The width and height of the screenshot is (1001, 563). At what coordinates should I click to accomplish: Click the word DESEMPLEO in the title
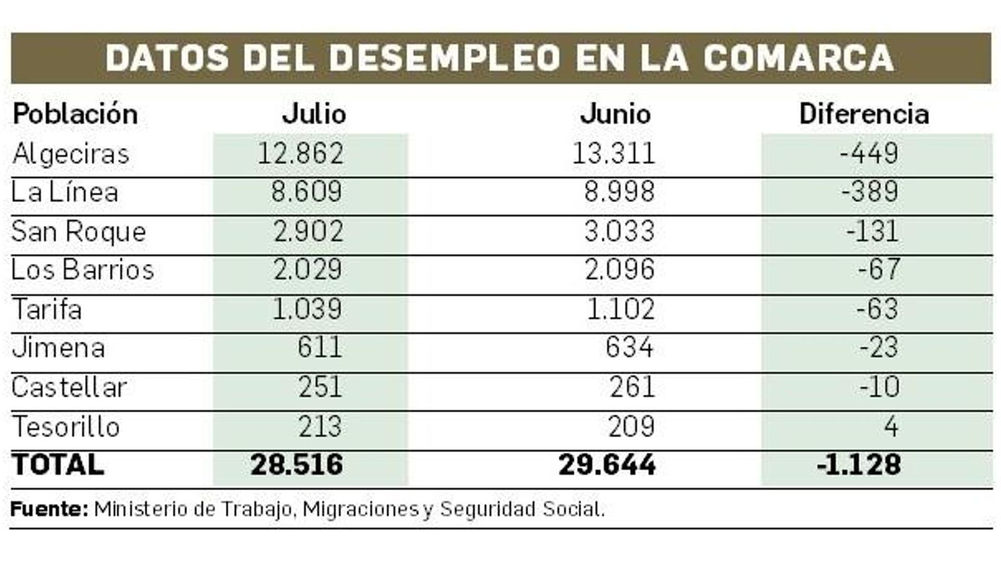(444, 58)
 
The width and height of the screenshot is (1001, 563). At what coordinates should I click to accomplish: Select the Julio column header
(314, 114)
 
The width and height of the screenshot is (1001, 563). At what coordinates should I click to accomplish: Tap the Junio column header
(616, 114)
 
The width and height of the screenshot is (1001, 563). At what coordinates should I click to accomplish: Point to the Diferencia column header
(864, 114)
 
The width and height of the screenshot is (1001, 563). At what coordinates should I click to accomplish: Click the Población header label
(75, 114)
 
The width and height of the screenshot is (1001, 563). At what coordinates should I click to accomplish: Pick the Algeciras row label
(71, 154)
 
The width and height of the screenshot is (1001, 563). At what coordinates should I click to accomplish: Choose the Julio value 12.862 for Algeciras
(300, 154)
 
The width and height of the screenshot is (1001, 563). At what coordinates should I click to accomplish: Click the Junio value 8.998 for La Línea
(619, 192)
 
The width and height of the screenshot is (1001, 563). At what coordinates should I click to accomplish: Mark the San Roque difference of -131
(872, 231)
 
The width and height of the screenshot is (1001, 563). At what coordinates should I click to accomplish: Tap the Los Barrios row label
(83, 270)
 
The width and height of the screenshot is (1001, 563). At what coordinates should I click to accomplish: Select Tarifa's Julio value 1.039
(307, 309)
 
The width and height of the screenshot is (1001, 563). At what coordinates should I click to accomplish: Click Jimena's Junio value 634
(629, 348)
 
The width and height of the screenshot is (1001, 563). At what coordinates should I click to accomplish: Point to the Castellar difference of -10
(880, 387)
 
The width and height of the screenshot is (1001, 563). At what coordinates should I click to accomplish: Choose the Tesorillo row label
(66, 427)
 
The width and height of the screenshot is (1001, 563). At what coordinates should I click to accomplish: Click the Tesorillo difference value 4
(891, 427)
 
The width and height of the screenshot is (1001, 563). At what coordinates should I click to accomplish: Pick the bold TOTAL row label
(58, 465)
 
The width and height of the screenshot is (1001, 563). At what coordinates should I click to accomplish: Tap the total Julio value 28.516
(297, 465)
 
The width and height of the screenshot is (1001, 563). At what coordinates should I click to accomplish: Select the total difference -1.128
(859, 465)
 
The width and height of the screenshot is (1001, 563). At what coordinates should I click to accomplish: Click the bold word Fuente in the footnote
(49, 509)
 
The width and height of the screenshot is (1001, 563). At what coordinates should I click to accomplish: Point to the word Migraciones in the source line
(360, 509)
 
